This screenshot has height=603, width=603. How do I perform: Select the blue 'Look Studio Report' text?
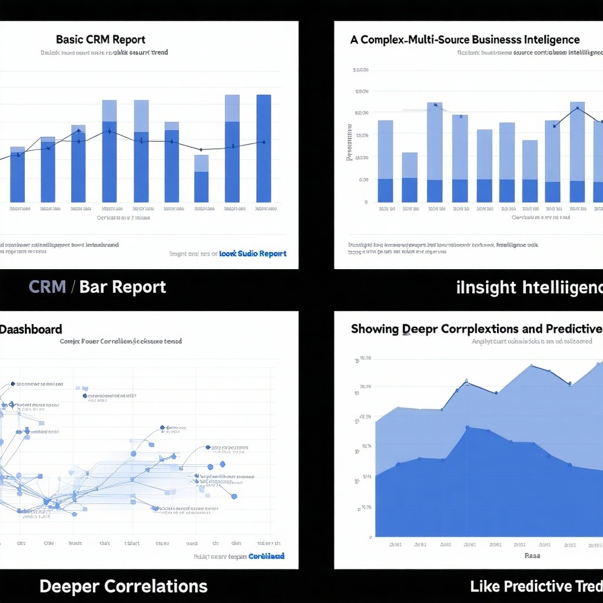coord(253,254)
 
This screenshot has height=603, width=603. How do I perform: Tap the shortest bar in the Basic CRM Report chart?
coord(201,178)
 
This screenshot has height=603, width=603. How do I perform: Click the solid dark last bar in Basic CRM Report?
coord(263,148)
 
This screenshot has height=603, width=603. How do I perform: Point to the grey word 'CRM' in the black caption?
coord(48,287)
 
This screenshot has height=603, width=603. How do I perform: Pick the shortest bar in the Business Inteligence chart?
coord(409,177)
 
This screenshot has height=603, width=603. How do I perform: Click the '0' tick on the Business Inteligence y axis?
coord(366,202)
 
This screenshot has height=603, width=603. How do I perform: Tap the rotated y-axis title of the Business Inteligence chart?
coord(349,143)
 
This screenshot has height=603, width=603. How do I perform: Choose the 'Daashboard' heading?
coord(31,329)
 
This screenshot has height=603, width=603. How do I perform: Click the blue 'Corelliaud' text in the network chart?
coord(266,556)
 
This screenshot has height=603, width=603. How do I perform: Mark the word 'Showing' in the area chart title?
coord(375,329)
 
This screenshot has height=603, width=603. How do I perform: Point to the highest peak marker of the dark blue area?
coord(467,428)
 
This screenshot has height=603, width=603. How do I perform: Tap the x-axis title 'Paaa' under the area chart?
coord(532,555)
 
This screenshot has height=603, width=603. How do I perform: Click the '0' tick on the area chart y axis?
coord(370,536)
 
